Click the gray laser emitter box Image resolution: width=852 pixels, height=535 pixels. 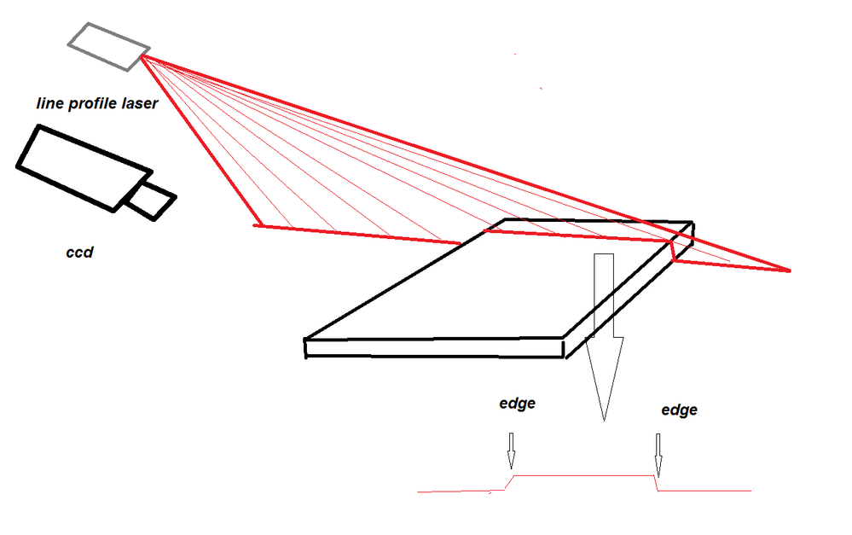110,46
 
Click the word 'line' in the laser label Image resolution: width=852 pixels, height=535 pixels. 50,105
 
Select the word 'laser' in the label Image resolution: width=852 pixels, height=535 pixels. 137,105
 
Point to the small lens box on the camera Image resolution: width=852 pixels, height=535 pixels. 151,201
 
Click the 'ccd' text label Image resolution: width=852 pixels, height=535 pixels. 79,253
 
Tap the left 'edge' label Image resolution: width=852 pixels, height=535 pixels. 517,403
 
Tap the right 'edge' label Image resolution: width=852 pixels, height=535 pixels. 679,410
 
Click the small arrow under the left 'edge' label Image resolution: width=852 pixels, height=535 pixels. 511,452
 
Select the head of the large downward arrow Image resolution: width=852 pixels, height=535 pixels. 604,375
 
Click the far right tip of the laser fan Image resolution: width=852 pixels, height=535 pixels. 788,271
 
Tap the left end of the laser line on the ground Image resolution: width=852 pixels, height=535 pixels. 257,225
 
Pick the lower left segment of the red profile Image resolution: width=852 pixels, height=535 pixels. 456,491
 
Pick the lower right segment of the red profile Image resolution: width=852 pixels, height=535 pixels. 704,491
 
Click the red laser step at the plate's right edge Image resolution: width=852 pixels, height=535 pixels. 673,251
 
